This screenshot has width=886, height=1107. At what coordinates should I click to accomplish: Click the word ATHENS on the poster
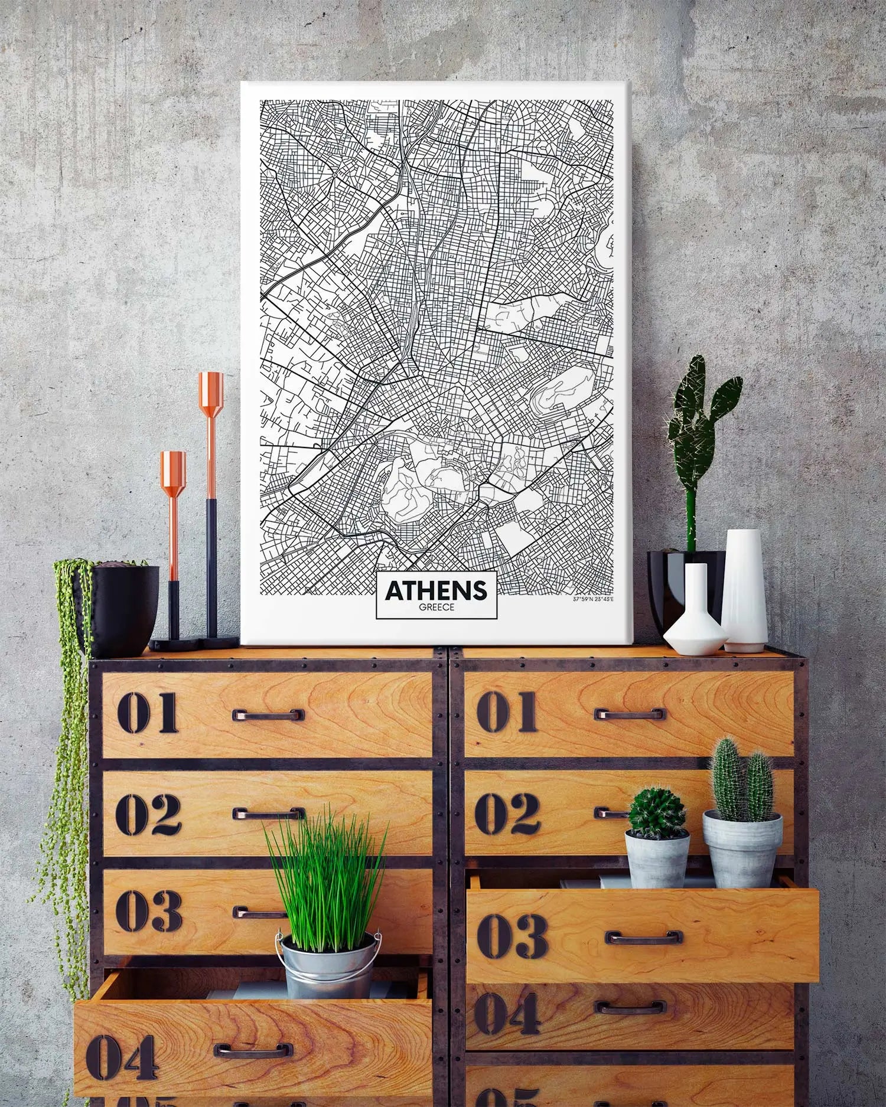(x=436, y=590)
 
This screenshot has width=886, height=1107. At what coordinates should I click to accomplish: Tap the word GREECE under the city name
(x=437, y=607)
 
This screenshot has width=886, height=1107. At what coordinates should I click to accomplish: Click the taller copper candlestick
(x=211, y=502)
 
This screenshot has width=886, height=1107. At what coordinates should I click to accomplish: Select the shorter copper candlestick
(x=173, y=531)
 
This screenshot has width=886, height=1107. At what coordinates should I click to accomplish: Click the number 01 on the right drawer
(x=506, y=712)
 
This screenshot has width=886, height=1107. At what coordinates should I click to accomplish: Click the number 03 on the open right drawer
(x=512, y=937)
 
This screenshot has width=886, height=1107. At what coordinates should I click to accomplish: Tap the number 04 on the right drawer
(x=507, y=1013)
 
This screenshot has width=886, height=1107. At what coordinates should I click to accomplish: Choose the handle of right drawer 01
(x=629, y=714)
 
